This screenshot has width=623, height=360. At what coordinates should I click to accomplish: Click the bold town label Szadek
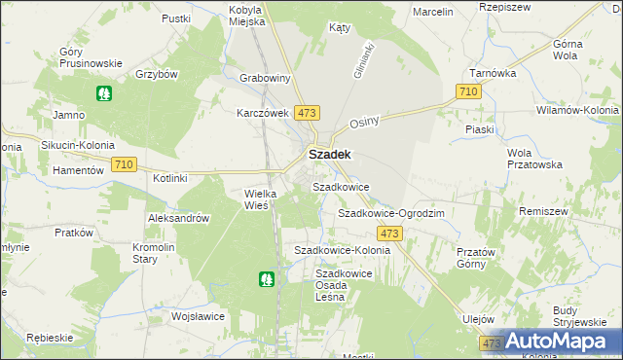click(330, 154)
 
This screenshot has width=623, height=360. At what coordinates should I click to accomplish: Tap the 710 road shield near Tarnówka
click(468, 91)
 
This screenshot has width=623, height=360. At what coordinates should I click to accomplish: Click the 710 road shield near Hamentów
click(124, 164)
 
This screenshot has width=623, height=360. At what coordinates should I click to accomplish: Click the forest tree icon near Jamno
click(104, 94)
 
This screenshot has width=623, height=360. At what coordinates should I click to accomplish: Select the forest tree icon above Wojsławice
click(266, 279)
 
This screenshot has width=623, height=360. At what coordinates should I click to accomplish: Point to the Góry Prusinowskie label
click(91, 57)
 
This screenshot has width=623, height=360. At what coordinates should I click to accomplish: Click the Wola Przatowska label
click(535, 159)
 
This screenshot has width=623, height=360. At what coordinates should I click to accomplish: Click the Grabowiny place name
click(266, 78)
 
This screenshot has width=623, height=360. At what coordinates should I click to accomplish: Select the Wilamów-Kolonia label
click(576, 111)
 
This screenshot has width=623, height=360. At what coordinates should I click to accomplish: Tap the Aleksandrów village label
click(179, 219)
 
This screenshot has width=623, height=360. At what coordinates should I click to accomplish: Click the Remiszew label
click(570, 210)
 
